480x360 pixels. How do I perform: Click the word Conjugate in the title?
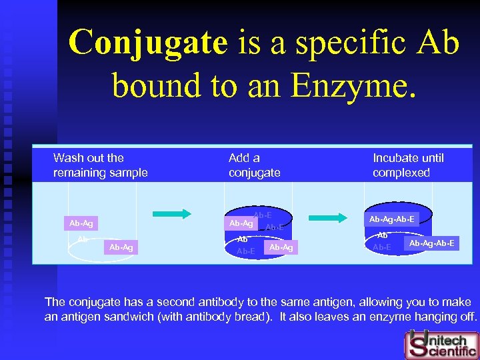[x=148, y=43]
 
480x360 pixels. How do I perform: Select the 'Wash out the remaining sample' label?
[x=100, y=165]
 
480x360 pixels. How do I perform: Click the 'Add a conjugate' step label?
[x=254, y=165]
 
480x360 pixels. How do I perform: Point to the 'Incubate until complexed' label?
[x=408, y=165]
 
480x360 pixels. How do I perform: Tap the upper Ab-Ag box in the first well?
[x=81, y=223]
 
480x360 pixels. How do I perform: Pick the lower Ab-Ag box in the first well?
[x=121, y=247]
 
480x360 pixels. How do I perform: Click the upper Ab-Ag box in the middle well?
[x=241, y=223]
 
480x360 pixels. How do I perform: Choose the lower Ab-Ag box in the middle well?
[x=281, y=247]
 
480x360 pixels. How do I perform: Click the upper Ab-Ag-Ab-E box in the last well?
[x=392, y=219]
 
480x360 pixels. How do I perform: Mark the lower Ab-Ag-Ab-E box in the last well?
[x=432, y=243]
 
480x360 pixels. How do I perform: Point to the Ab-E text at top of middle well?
[x=262, y=215]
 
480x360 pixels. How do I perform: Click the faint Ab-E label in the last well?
[x=382, y=247]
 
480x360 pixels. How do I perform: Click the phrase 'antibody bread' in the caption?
[x=215, y=317]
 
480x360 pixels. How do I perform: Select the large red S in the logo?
[x=417, y=344]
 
